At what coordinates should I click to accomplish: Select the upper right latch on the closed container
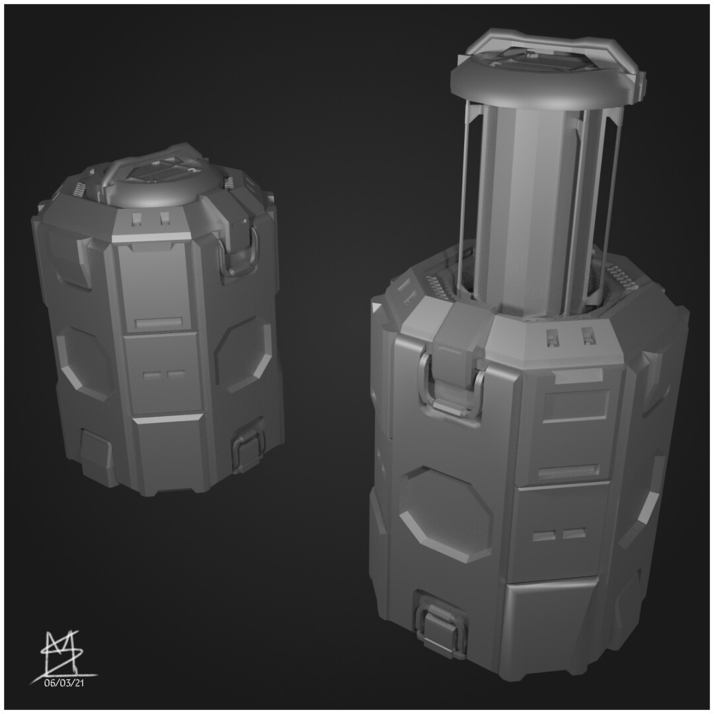(240, 255)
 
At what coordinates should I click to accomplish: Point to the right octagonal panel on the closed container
(243, 353)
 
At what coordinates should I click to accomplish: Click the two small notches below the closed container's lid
(151, 218)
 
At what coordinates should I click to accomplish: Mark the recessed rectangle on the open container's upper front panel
(575, 405)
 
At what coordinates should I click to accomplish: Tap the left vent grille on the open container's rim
(436, 286)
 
